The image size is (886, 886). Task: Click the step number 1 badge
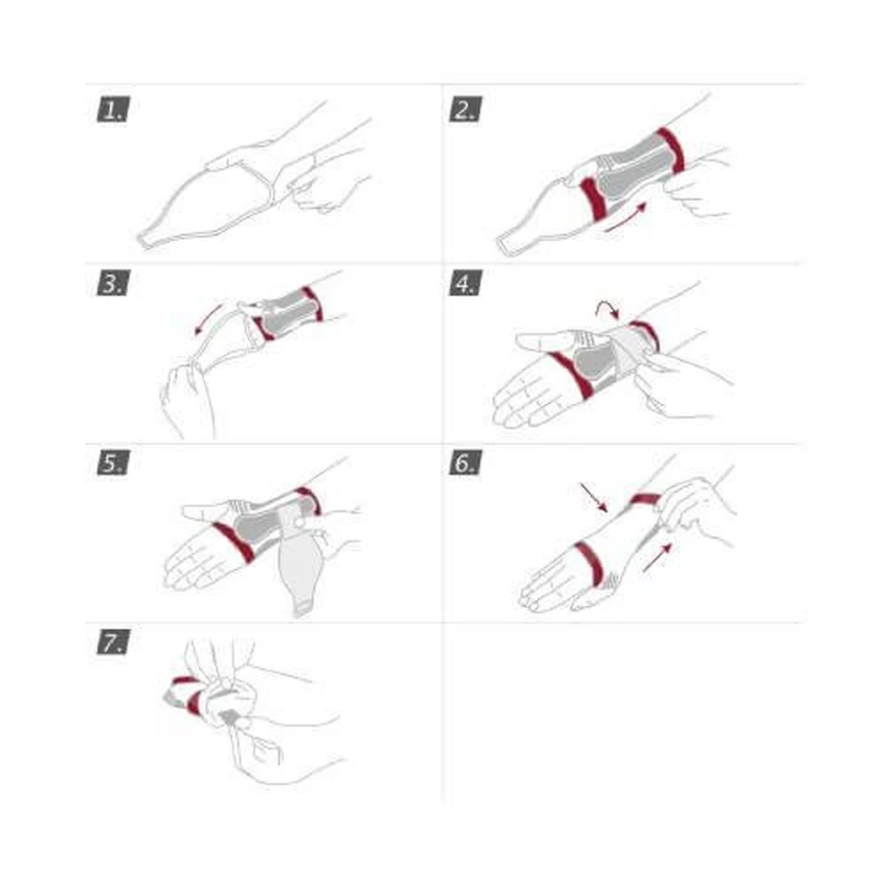(x=113, y=109)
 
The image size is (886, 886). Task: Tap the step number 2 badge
(x=465, y=109)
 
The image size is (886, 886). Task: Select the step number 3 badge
(x=113, y=283)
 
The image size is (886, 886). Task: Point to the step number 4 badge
(x=465, y=283)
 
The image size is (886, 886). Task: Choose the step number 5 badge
(x=113, y=462)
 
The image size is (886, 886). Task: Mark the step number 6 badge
(x=465, y=462)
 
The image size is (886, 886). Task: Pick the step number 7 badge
(x=113, y=641)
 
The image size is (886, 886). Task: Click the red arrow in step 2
(x=625, y=218)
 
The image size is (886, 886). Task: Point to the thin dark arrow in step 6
(x=594, y=498)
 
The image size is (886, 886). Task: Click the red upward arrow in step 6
(x=657, y=557)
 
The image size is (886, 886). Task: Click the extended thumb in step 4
(x=554, y=339)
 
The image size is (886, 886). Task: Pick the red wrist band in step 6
(x=645, y=500)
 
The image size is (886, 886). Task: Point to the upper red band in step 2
(x=671, y=150)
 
